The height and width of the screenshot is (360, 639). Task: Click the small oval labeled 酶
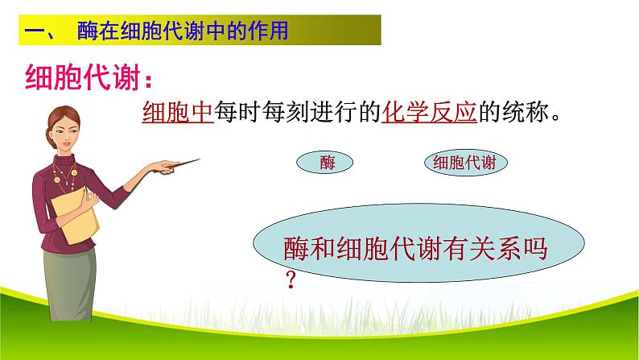(325, 162)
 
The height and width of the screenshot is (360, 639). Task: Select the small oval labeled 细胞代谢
(465, 162)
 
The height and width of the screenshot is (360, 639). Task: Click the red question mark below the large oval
(291, 279)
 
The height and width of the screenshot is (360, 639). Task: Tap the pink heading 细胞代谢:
(88, 77)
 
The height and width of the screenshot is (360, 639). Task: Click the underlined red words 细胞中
(178, 111)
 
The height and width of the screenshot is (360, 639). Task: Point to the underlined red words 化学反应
(429, 111)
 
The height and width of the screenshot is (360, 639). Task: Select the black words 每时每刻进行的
(297, 111)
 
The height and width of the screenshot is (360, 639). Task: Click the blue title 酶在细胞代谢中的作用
(183, 31)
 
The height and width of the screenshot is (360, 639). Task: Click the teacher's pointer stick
(183, 163)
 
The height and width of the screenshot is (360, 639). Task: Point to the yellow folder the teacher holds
(76, 216)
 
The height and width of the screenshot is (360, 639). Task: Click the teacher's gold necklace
(65, 176)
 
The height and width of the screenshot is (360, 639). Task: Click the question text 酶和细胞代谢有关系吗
(415, 248)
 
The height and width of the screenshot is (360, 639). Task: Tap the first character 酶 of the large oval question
(296, 248)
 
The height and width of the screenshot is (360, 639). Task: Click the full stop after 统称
(555, 118)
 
